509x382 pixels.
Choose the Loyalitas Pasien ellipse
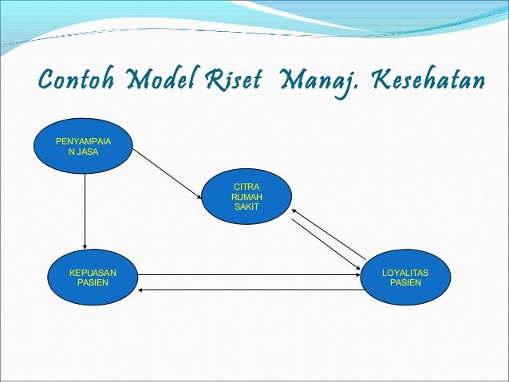pyautogui.click(x=405, y=278)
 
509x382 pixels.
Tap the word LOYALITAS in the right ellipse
pyautogui.click(x=405, y=274)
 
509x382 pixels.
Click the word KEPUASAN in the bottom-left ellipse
pyautogui.click(x=93, y=274)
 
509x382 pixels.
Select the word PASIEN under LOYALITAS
pyautogui.click(x=405, y=283)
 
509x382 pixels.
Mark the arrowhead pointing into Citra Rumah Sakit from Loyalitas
pyautogui.click(x=294, y=209)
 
